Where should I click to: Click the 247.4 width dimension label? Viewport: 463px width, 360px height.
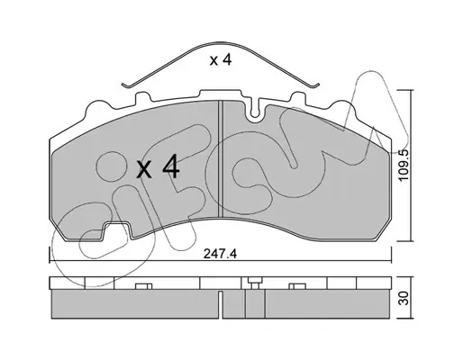[x=220, y=254]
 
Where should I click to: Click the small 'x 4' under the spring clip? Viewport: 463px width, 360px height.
[x=221, y=60]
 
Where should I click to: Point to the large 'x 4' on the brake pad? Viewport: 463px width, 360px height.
[x=159, y=168]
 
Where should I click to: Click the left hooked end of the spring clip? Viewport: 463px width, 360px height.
[x=126, y=85]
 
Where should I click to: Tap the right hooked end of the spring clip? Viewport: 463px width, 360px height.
[x=314, y=85]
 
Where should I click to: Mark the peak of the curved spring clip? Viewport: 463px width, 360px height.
[x=221, y=43]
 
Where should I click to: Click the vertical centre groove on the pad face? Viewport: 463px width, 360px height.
[x=221, y=158]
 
